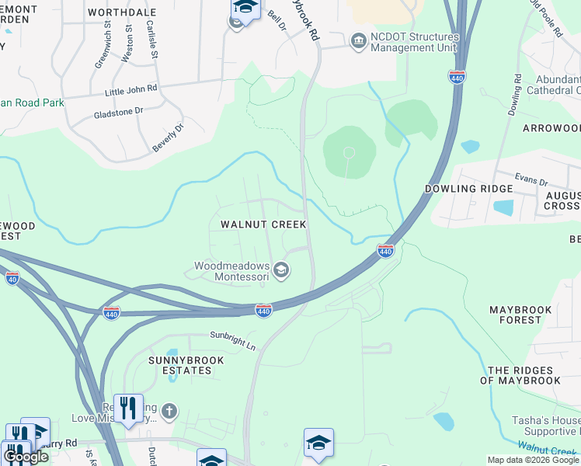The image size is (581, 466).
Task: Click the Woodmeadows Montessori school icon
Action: coord(281,270)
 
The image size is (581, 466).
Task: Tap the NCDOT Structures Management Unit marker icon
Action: coord(358,40)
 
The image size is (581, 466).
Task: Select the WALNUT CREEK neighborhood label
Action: coord(263,224)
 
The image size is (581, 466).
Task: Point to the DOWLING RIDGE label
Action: coord(468,189)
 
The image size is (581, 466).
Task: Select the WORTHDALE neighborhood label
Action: coord(122,12)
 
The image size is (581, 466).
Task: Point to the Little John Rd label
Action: coord(130,90)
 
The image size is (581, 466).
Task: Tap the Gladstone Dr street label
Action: coord(117,111)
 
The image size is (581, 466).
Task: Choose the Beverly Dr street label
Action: coord(168,137)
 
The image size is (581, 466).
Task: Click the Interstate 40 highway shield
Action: coord(12,277)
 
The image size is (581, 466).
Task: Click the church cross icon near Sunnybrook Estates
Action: coord(169,411)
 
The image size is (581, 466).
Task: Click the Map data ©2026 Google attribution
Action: coord(533,460)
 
